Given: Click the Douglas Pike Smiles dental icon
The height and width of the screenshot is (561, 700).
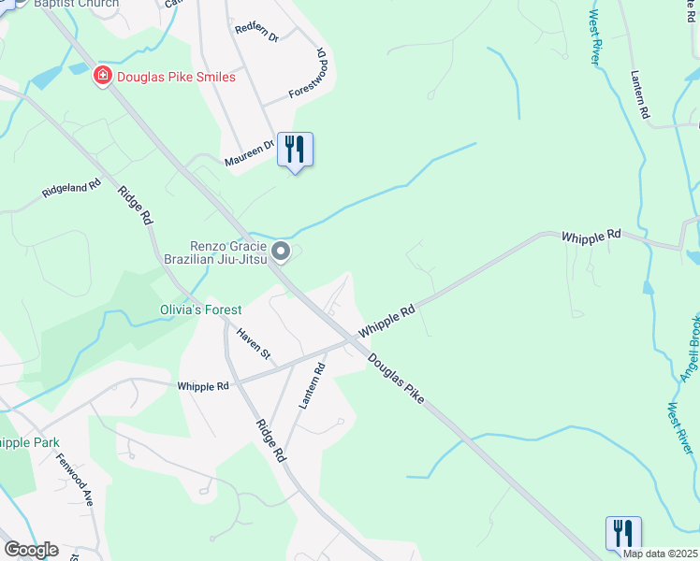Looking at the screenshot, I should [x=103, y=76].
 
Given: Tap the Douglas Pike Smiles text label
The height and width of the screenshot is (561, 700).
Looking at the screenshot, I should [x=176, y=77].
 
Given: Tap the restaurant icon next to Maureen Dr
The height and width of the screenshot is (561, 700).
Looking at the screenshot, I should [x=295, y=149].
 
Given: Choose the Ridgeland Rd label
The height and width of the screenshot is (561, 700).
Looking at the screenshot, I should [x=71, y=190].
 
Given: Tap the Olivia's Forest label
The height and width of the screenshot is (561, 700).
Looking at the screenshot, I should [x=199, y=309].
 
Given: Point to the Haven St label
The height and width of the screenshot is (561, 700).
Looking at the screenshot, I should [x=253, y=343].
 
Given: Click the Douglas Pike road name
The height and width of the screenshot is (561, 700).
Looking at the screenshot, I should [x=396, y=378].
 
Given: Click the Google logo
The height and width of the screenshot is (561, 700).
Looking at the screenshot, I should [x=31, y=550].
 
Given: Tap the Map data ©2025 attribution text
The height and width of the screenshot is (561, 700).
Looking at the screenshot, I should [x=661, y=554].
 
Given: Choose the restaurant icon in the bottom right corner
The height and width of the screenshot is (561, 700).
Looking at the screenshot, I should [x=623, y=533].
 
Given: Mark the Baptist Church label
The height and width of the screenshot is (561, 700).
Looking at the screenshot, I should [x=76, y=4].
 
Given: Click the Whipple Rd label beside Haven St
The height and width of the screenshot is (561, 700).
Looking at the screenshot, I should [x=203, y=385].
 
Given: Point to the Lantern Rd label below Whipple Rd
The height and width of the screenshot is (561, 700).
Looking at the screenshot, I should [x=311, y=385].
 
